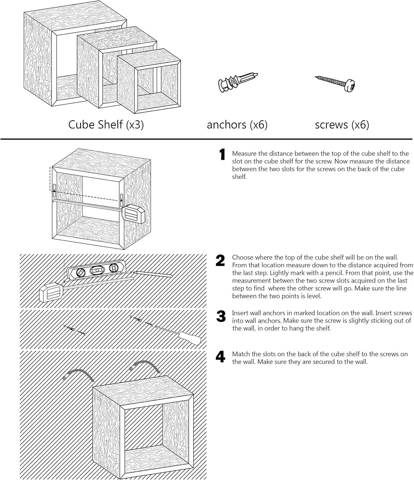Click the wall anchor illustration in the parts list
tap(237, 82)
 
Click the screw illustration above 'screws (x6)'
tap(336, 82)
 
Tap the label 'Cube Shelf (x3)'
tap(106, 124)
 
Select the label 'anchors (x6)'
tap(237, 124)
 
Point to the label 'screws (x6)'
tap(342, 124)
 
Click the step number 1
tap(221, 155)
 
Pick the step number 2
tap(220, 261)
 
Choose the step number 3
tap(221, 316)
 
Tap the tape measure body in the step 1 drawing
tap(133, 213)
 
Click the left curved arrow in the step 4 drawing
tap(81, 373)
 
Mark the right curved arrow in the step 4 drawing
tap(147, 365)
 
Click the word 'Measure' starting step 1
tap(244, 154)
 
